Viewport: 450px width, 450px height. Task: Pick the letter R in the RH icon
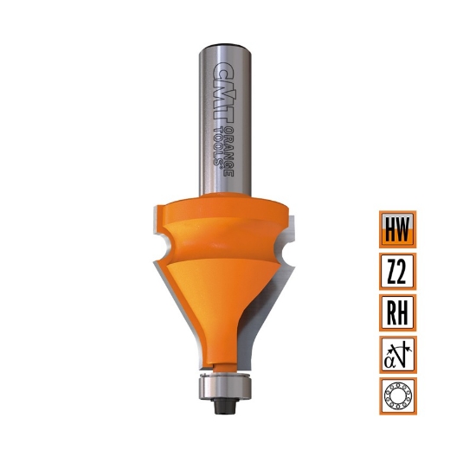point(389,312)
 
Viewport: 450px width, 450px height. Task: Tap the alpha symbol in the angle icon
point(391,357)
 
